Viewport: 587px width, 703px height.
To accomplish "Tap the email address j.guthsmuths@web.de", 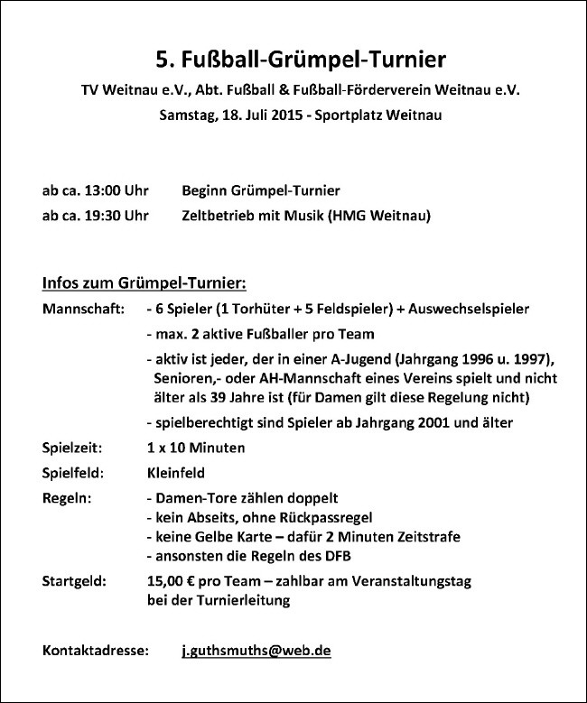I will point(256,650).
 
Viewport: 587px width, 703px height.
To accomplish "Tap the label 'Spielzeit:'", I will point(72,448).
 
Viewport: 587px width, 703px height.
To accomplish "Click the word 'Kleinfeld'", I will point(175,472).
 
